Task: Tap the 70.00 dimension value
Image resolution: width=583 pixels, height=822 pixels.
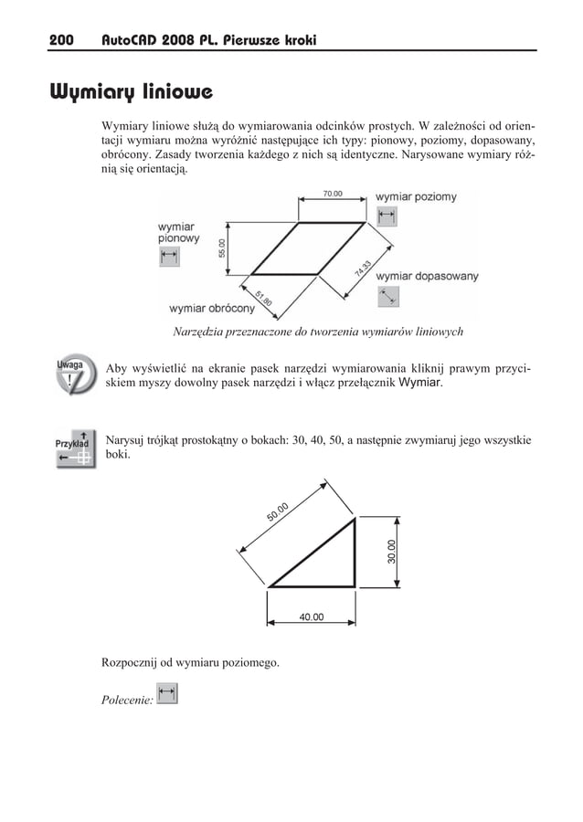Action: [333, 194]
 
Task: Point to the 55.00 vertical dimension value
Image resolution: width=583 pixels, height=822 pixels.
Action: [220, 248]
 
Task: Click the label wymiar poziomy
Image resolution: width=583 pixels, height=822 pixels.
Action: [415, 196]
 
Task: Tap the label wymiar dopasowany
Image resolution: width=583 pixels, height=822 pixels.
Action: [426, 276]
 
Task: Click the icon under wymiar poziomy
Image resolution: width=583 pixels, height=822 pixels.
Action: [387, 216]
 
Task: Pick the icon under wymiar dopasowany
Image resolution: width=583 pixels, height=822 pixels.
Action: [387, 296]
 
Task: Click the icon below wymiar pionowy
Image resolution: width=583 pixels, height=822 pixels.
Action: [169, 257]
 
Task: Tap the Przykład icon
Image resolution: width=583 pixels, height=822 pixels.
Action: [73, 447]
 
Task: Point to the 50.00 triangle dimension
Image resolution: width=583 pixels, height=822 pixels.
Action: [279, 513]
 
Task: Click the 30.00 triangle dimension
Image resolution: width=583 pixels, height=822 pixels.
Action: [392, 551]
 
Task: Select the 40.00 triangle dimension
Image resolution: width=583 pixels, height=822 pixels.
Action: [312, 617]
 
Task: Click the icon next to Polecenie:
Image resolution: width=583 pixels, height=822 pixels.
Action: [166, 696]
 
